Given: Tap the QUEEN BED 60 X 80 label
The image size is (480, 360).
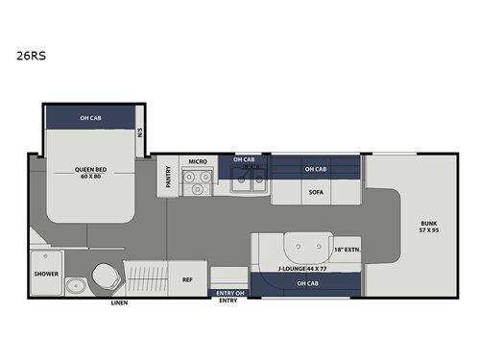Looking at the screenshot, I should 90,174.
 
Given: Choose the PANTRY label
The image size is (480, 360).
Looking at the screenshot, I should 167,177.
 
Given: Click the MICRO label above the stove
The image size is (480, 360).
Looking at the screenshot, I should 198,161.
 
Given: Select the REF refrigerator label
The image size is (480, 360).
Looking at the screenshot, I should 188,279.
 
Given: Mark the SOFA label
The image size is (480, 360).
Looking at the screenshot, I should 315,191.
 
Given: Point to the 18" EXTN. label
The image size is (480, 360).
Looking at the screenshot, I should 347,248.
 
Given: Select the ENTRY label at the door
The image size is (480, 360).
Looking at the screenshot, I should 228,300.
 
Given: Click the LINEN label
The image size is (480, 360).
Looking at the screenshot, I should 119,302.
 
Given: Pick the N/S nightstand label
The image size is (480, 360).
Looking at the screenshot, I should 140,131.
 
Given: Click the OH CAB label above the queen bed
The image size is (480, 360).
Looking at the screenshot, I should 89,118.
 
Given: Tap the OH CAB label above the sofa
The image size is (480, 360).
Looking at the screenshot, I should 315,169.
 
